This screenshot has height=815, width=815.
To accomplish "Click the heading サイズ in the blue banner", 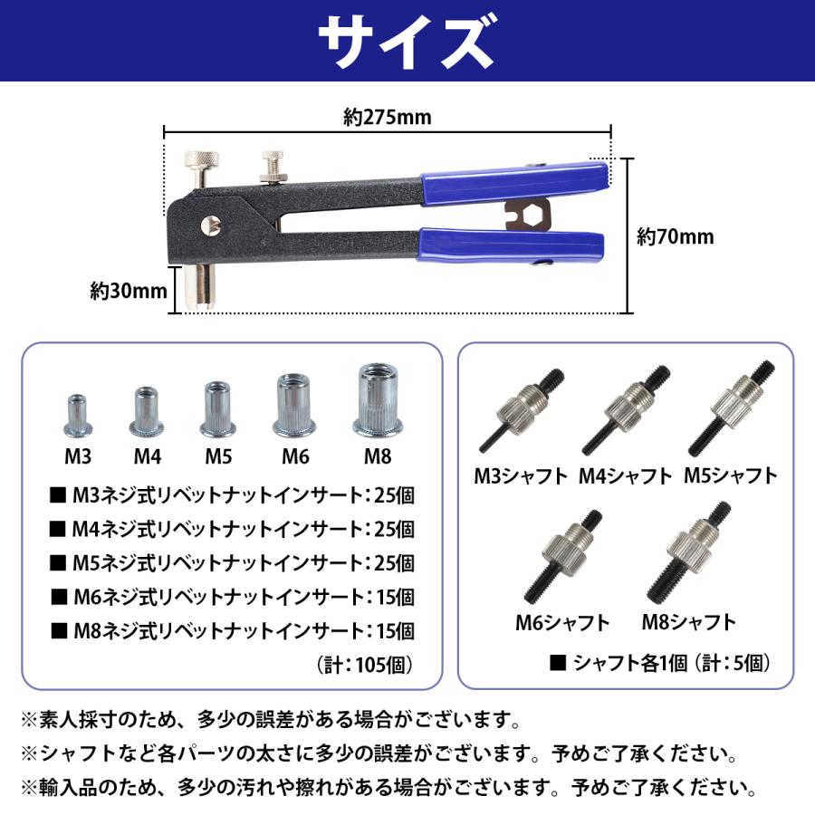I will (x=407, y=41).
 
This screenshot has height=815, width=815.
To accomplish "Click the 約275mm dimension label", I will (x=387, y=118).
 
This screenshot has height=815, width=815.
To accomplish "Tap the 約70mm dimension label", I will (x=675, y=237).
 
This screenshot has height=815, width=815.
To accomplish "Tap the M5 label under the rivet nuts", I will (x=218, y=454).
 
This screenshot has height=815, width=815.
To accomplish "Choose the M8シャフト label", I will (x=688, y=622).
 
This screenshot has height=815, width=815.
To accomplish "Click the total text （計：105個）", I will (x=367, y=665).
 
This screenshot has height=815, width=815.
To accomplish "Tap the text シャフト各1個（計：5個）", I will (x=661, y=663).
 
